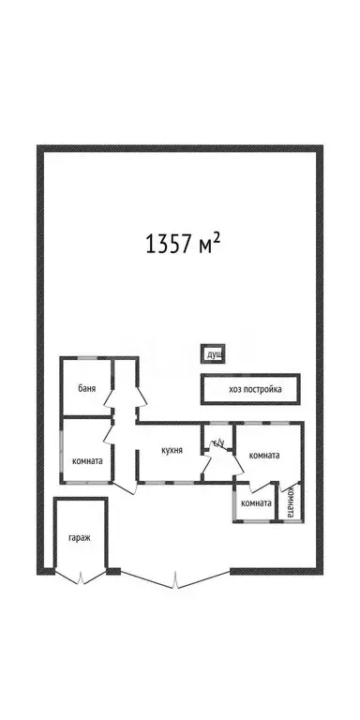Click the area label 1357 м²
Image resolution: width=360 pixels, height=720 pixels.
coord(184,245)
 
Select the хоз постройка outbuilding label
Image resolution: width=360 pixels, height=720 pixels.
coord(250,389)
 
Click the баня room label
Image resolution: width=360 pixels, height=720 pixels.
coord(87,386)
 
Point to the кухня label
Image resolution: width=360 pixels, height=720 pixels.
coord(172,450)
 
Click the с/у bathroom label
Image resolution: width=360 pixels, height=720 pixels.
coord(217,442)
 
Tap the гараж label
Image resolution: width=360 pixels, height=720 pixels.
coord(79,538)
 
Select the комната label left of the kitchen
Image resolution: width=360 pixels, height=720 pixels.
coord(87,460)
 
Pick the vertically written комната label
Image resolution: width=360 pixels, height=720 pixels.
coord(291,502)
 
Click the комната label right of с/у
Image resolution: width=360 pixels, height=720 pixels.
coord(263,456)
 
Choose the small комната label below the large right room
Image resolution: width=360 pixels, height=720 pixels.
coord(255,503)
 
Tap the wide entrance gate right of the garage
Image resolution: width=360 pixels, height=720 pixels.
coord(174,578)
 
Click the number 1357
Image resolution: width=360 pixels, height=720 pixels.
coord(166,246)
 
